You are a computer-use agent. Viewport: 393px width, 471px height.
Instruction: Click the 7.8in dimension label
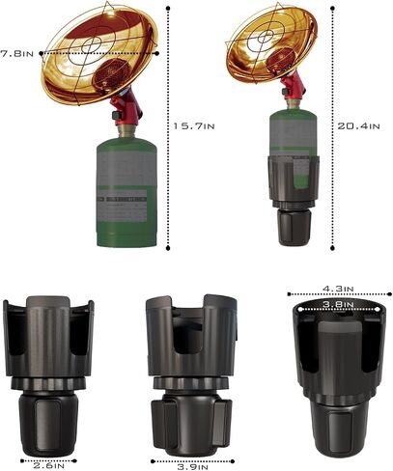[x=16, y=53]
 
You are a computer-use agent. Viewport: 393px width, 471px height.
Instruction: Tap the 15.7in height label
[x=194, y=125]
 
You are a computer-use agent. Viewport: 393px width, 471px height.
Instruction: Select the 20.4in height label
[x=358, y=125]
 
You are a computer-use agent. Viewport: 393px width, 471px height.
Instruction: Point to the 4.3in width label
[x=338, y=289]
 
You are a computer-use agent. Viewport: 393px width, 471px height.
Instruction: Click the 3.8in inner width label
[x=339, y=304]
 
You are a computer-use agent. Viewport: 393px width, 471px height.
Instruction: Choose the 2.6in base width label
[x=49, y=465]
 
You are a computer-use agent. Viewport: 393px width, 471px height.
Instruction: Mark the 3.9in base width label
[x=192, y=467]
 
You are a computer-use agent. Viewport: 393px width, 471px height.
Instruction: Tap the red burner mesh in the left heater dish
[x=111, y=74]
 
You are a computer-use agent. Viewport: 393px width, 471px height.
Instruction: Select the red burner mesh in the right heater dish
[x=281, y=61]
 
